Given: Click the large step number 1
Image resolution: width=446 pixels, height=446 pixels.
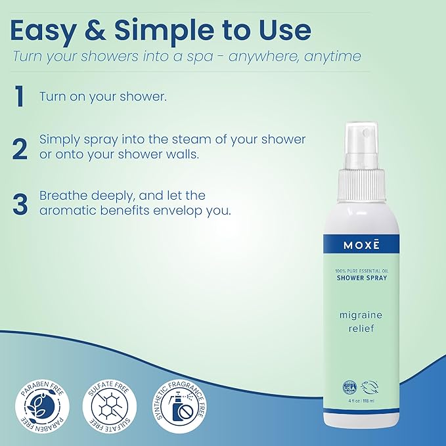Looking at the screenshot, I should [x=20, y=97].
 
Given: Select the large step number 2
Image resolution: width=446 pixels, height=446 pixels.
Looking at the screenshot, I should [x=20, y=148].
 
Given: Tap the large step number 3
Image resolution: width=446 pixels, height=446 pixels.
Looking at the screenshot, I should [x=20, y=203].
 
